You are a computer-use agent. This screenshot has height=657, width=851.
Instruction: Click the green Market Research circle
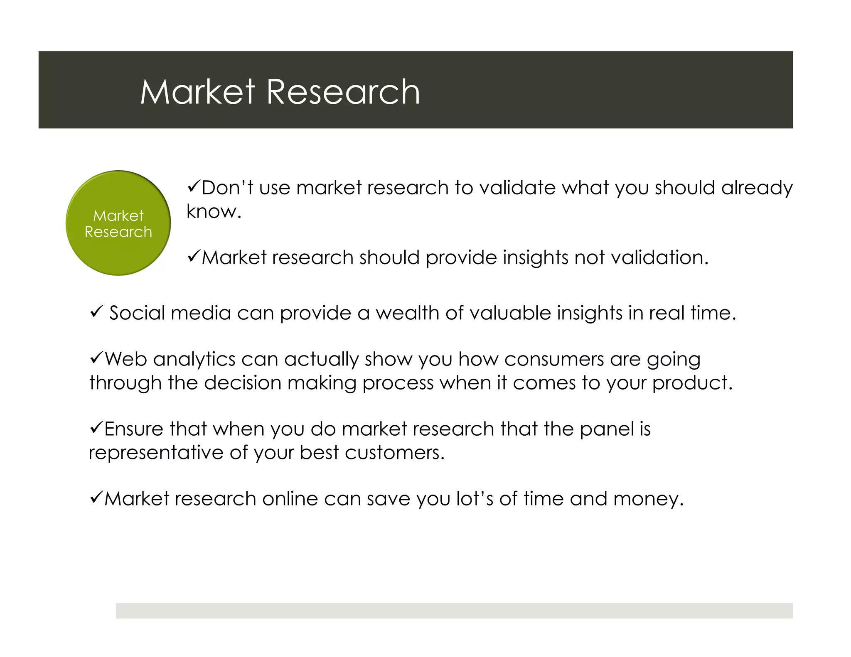(x=118, y=223)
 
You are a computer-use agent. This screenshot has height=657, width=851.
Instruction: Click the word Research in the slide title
(x=343, y=92)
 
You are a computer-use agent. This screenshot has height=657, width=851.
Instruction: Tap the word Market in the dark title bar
(x=197, y=92)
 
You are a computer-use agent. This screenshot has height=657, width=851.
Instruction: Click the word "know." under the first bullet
(x=214, y=211)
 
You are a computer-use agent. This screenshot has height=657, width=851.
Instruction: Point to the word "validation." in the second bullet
(x=659, y=257)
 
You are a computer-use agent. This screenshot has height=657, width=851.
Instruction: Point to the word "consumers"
(x=554, y=359)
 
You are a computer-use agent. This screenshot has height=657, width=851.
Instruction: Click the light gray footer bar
(x=454, y=610)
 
